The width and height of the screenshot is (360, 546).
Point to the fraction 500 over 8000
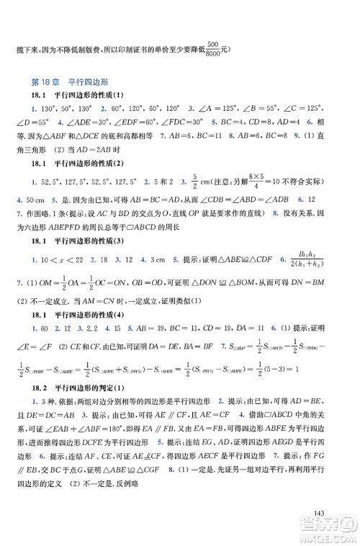pyautogui.click(x=212, y=48)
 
